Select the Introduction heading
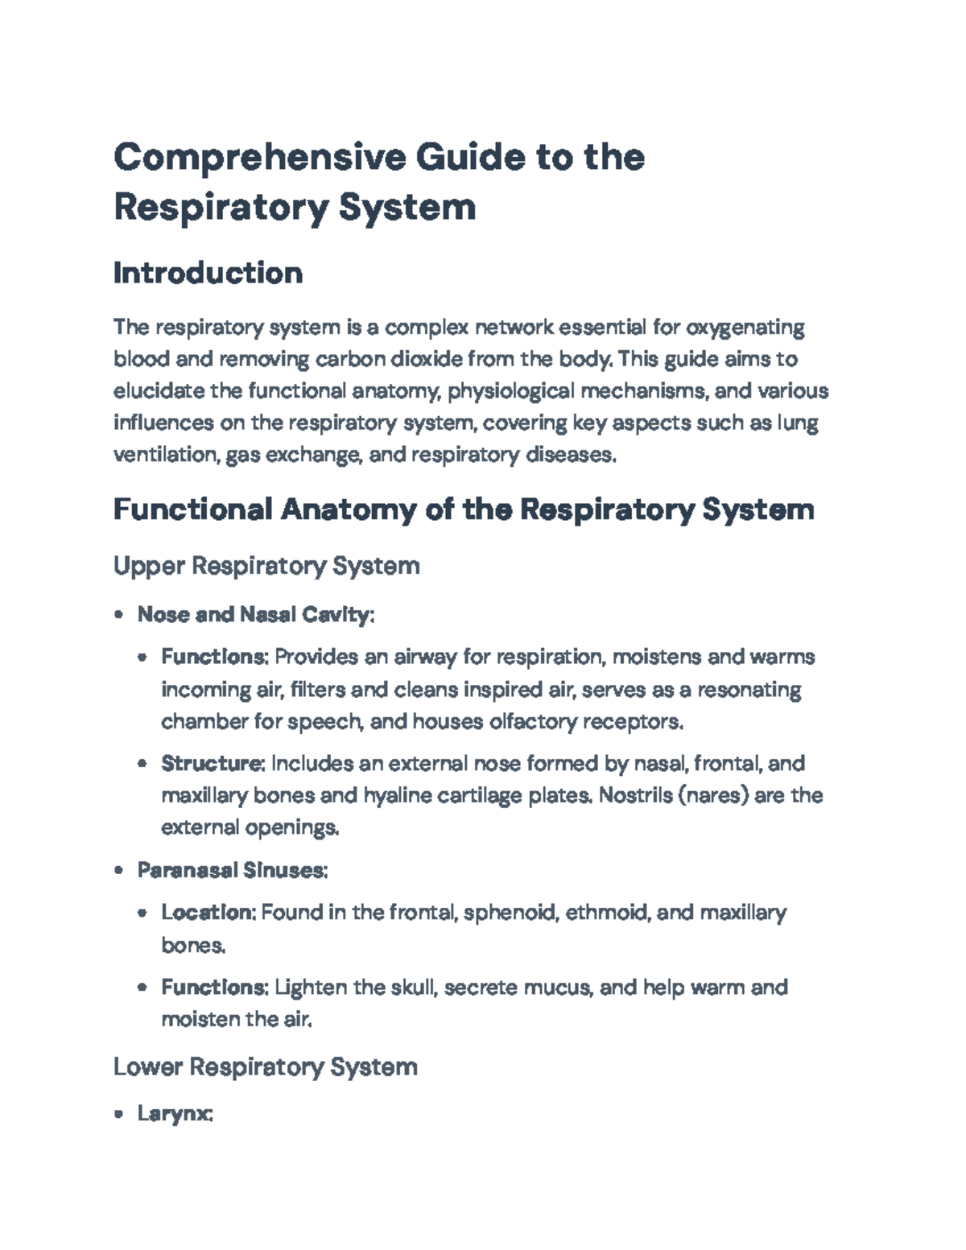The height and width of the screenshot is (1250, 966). tap(208, 273)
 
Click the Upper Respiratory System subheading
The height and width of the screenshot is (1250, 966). tap(266, 566)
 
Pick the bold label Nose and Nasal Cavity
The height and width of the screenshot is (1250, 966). tap(255, 615)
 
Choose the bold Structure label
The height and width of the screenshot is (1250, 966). tap(213, 763)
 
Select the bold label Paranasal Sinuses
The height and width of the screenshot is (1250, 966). tap(232, 870)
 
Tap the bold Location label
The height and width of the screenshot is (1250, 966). tap(208, 912)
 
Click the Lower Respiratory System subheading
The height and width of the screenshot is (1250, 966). tap(265, 1066)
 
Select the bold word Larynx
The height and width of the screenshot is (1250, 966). tap(175, 1114)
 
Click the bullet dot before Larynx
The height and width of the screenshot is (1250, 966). tap(119, 1115)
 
